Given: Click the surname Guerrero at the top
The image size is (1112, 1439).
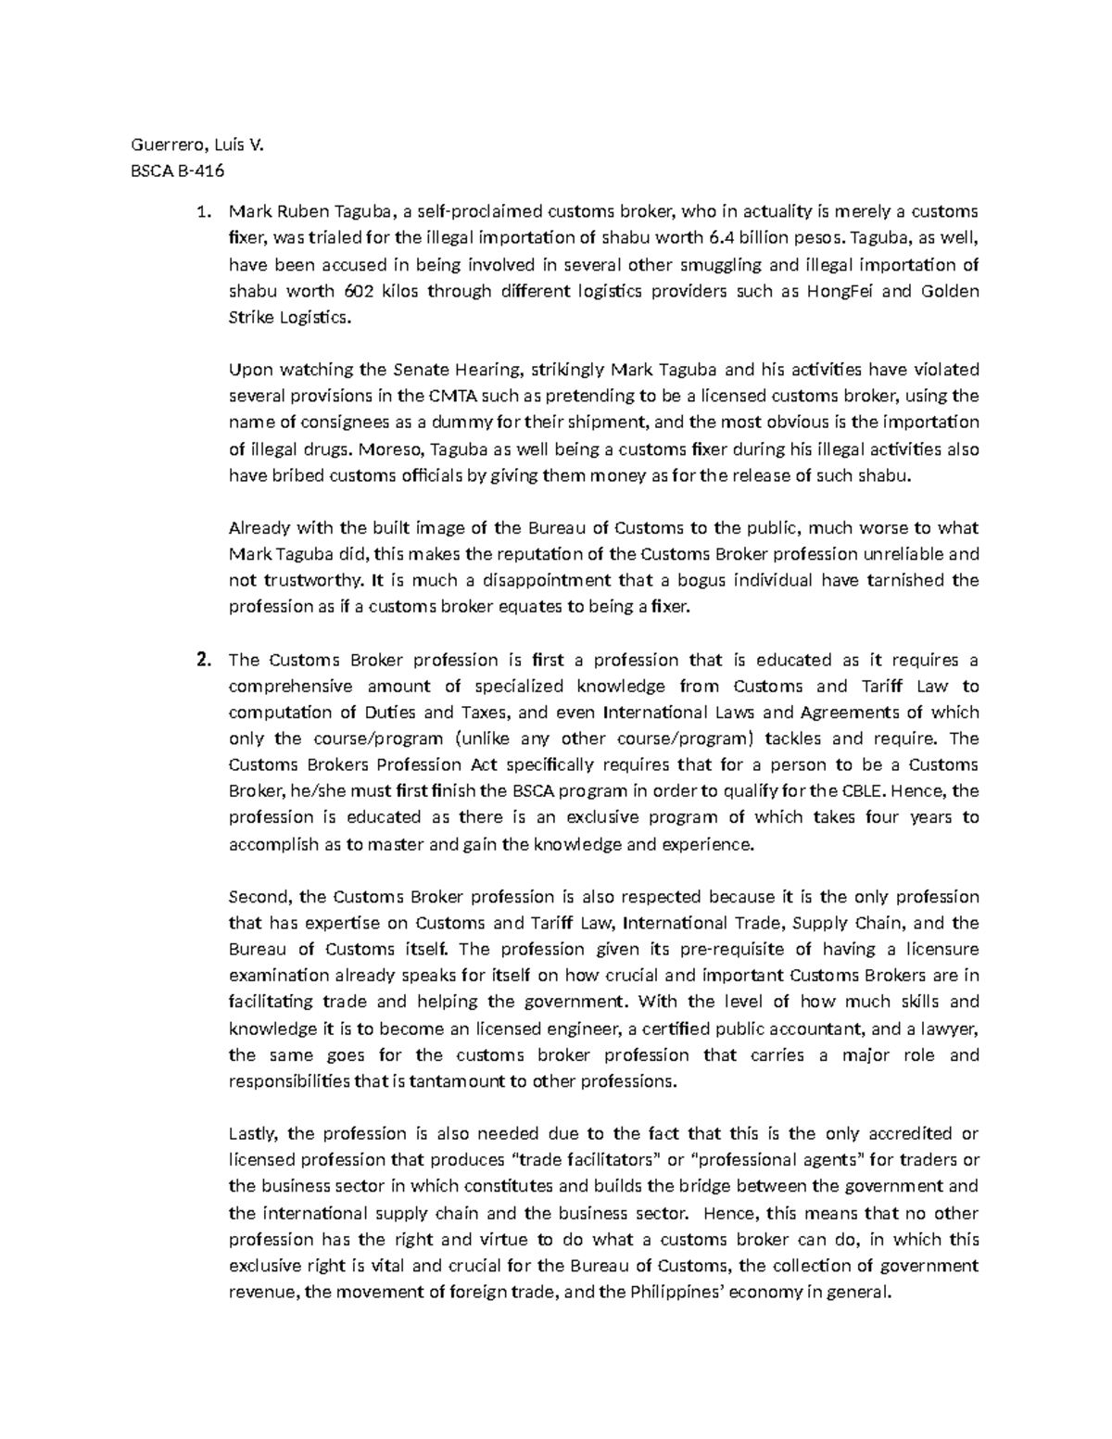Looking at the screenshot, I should pos(158,144).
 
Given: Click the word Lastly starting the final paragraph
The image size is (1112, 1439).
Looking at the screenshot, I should pos(251,1133).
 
